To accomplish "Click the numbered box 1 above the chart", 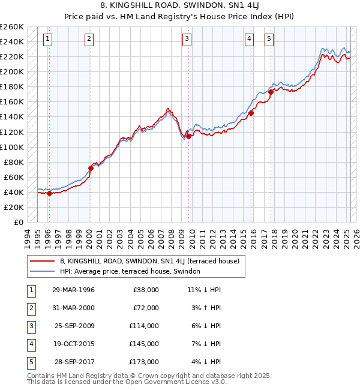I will [47, 40].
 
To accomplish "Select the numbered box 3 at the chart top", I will [187, 40].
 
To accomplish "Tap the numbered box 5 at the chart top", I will [269, 40].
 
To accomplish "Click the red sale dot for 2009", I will [188, 136].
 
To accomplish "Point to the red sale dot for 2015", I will [251, 113].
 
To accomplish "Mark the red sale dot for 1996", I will [49, 193].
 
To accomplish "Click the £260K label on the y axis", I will [11, 27].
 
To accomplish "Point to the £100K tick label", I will [11, 147].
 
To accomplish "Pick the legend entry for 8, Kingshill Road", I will [149, 261].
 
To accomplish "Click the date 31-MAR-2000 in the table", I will [73, 308].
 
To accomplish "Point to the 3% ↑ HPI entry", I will [208, 308].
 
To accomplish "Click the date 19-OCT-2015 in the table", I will [73, 344].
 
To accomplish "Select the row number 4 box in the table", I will [30, 344].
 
